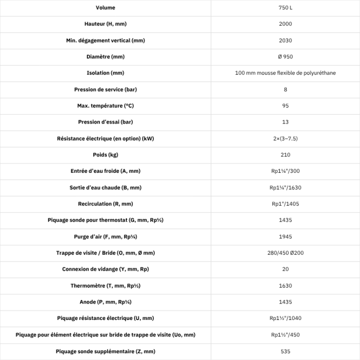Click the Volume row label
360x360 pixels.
tap(105, 8)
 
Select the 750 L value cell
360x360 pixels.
tap(285, 8)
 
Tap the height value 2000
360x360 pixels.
tap(285, 24)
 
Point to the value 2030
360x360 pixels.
tap(285, 41)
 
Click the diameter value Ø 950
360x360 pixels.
tap(285, 57)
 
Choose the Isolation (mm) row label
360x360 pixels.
tap(105, 73)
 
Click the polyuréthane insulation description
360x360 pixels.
tap(285, 73)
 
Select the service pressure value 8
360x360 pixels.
tap(285, 89)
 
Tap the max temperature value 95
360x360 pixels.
tap(285, 106)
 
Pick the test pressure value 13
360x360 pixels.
tap(285, 122)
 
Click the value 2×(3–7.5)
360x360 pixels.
tap(285, 138)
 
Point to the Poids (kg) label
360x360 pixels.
tap(105, 155)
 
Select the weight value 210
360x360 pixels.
tap(285, 155)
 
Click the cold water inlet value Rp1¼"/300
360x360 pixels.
tap(285, 171)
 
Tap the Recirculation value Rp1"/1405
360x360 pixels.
tap(285, 204)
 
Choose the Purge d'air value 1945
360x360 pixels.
tap(285, 236)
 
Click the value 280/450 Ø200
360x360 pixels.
tap(285, 253)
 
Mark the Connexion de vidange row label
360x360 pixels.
tap(105, 269)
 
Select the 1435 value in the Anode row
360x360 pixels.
tap(285, 302)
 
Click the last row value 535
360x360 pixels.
tap(285, 351)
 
